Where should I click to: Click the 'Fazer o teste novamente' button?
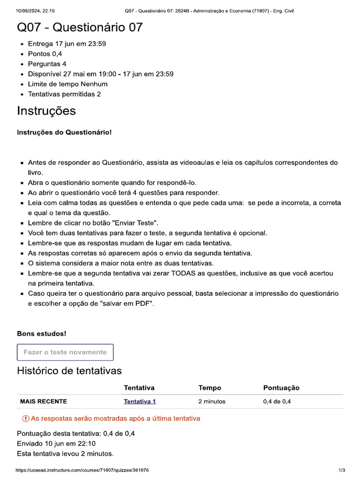tap(65, 352)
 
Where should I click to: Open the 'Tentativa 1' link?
tap(140, 401)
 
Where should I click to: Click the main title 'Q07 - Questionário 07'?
tap(80, 28)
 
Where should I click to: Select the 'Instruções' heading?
tap(46, 111)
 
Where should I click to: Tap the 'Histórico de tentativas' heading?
tap(69, 371)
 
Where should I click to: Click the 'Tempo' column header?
tap(210, 388)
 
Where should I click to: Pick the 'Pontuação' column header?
tap(281, 388)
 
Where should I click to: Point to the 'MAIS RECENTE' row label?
tap(44, 401)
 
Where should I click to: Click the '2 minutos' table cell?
tap(212, 401)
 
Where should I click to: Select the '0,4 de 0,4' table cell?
tap(280, 401)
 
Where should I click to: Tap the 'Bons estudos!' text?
tap(42, 334)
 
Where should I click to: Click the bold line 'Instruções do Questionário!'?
tap(64, 133)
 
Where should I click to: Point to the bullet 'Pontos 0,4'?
tap(45, 54)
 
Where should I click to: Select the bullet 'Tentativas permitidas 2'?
tap(64, 94)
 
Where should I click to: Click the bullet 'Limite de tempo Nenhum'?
tap(67, 84)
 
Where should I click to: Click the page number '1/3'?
tap(341, 470)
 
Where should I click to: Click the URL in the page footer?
tap(82, 470)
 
